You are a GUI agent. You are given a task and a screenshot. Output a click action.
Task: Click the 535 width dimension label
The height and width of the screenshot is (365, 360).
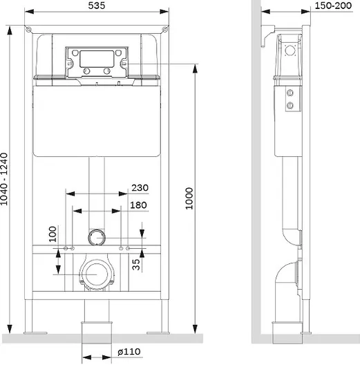[97, 6]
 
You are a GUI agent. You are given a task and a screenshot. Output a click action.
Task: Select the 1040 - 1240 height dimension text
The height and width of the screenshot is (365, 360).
[4, 179]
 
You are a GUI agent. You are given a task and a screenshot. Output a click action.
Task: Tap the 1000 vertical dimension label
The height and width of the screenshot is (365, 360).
[189, 198]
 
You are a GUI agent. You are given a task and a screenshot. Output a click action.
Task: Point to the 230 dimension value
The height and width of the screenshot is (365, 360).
[140, 187]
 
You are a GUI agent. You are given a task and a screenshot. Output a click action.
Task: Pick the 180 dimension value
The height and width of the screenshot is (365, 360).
[138, 205]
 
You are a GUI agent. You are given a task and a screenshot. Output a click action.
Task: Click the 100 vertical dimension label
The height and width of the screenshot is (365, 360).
[53, 234]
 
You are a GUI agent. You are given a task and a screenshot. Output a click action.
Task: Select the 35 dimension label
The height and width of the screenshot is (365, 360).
[136, 265]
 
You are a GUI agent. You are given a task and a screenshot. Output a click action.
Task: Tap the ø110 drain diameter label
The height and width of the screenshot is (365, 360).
[129, 352]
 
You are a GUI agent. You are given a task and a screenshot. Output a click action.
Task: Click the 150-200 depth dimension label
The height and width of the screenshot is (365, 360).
[333, 6]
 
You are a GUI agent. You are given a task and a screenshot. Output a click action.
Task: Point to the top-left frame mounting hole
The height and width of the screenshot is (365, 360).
[28, 30]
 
